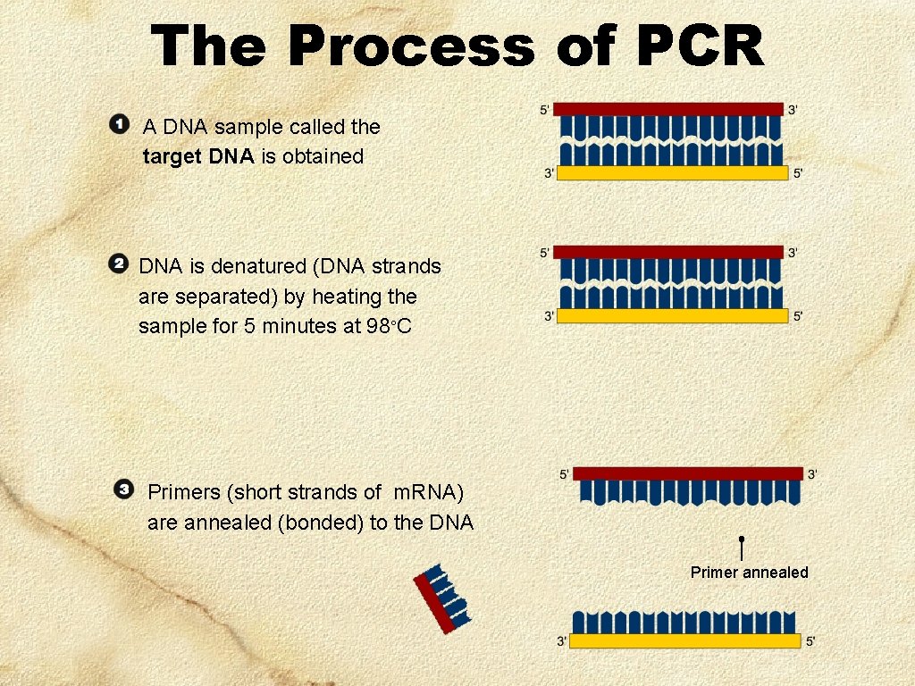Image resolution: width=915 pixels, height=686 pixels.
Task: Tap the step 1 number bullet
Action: [118, 123]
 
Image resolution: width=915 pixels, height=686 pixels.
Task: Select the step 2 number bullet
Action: [117, 264]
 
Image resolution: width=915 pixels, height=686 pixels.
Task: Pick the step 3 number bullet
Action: [124, 489]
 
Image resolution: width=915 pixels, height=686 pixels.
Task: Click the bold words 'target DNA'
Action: [198, 157]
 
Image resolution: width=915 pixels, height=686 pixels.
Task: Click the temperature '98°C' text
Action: [389, 327]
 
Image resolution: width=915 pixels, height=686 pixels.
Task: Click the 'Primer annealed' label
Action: [749, 573]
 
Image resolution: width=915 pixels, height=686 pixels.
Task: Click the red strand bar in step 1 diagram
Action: [668, 109]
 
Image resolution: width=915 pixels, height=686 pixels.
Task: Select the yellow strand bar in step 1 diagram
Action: [673, 173]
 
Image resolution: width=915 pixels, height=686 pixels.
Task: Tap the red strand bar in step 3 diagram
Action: [688, 473]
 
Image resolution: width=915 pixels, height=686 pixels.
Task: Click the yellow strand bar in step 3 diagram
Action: [685, 641]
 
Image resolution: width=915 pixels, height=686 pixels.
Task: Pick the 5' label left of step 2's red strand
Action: [545, 254]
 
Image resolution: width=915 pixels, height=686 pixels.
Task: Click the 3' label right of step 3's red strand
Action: [811, 474]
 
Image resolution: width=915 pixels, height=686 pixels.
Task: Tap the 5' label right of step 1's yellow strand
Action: [798, 173]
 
